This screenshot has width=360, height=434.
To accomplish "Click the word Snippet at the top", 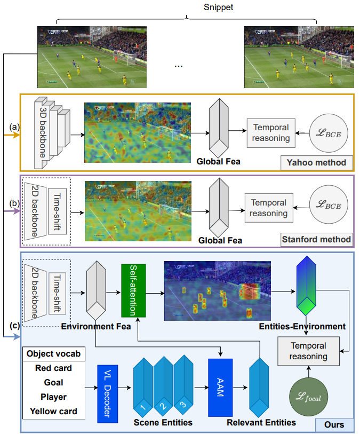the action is [218, 7].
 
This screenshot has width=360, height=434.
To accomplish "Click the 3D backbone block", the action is [52, 133].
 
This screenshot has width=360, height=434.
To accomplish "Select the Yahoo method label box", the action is [317, 162].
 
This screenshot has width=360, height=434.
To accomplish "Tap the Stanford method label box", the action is [317, 239].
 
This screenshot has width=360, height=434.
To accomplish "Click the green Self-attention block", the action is [133, 290].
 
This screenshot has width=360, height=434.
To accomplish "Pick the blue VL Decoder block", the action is [108, 393].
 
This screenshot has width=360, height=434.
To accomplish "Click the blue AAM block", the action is [220, 388].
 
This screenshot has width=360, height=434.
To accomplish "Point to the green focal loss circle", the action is [309, 397].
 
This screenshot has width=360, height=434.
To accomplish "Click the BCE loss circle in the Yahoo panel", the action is [329, 133].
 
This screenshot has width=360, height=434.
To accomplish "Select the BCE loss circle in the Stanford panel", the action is [329, 204].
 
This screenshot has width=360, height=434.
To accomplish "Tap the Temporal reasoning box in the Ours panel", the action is [309, 351].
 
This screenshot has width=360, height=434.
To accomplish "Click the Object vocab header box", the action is [54, 354].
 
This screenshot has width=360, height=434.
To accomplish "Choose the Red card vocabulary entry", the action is [54, 368].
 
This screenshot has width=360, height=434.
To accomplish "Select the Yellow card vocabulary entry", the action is [54, 411].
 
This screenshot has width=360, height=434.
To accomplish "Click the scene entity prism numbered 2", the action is [163, 386].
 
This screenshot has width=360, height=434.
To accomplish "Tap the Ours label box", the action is [334, 424].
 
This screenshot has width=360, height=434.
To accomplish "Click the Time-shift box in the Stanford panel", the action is [57, 211].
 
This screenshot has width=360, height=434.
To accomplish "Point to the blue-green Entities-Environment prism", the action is [306, 286].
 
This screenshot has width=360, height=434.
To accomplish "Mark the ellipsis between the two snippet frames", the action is [179, 66].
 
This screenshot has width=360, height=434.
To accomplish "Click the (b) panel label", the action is [14, 203].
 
